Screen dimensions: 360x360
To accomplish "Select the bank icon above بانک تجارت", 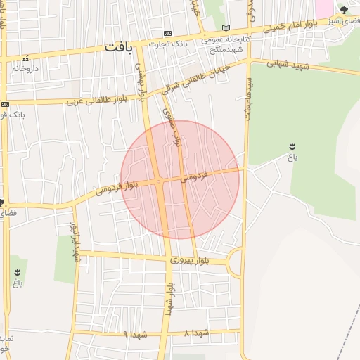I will point(167,33).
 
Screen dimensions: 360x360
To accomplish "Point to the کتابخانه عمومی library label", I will point(225,39).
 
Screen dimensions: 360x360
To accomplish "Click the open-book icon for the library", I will point(225,28).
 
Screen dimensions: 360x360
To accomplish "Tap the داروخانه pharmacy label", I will point(25,68).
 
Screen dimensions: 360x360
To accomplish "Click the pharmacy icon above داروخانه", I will point(26,58).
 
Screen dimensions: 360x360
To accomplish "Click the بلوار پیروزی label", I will point(190,260).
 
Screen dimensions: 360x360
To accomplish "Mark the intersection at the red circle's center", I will point(160,181).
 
